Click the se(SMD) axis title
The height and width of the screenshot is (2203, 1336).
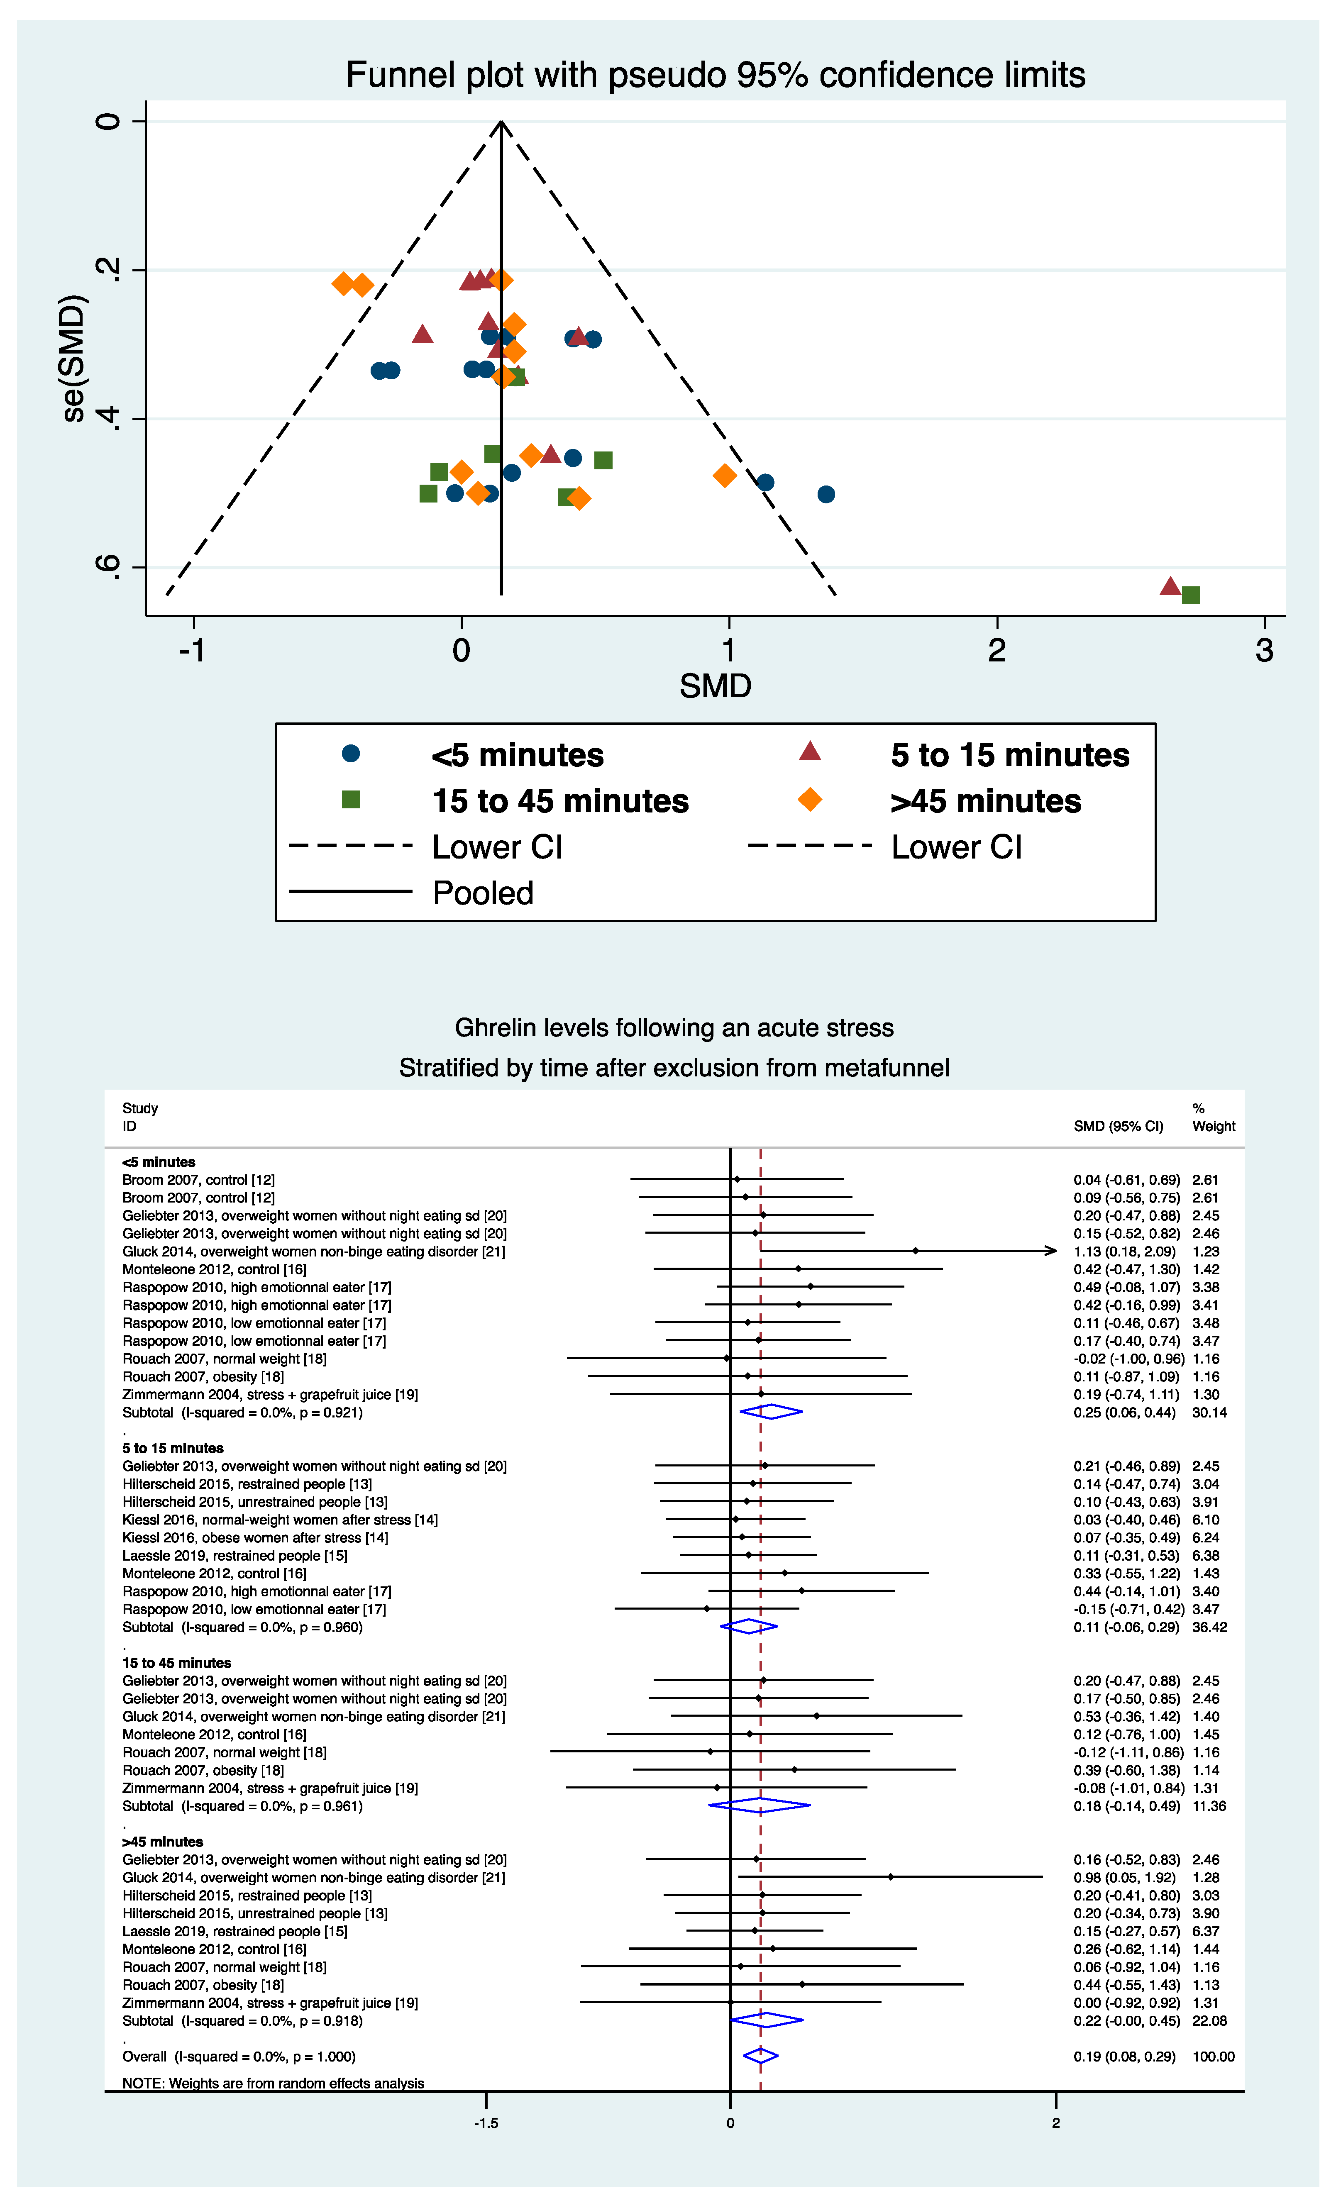pyautogui.click(x=73, y=358)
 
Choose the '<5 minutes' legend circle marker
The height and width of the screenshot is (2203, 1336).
pyautogui.click(x=351, y=754)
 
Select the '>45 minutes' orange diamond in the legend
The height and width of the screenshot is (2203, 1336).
pyautogui.click(x=809, y=799)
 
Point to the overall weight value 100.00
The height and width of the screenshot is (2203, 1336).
pyautogui.click(x=1213, y=2057)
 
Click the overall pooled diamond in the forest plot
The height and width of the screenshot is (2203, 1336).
pyautogui.click(x=760, y=2055)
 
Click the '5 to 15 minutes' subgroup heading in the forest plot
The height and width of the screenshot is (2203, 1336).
pyautogui.click(x=173, y=1447)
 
